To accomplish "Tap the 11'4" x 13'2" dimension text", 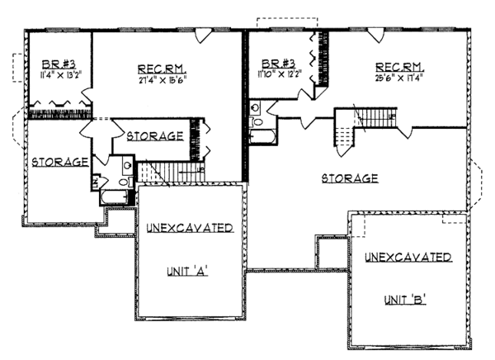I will [56, 78].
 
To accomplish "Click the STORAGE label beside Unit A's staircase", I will [154, 135].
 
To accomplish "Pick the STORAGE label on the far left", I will [59, 162].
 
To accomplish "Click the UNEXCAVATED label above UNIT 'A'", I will [189, 228].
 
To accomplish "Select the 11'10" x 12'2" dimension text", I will [280, 78].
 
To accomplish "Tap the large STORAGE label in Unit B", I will [349, 178].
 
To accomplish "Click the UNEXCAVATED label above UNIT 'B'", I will [407, 258].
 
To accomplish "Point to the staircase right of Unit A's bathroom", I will [169, 170].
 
